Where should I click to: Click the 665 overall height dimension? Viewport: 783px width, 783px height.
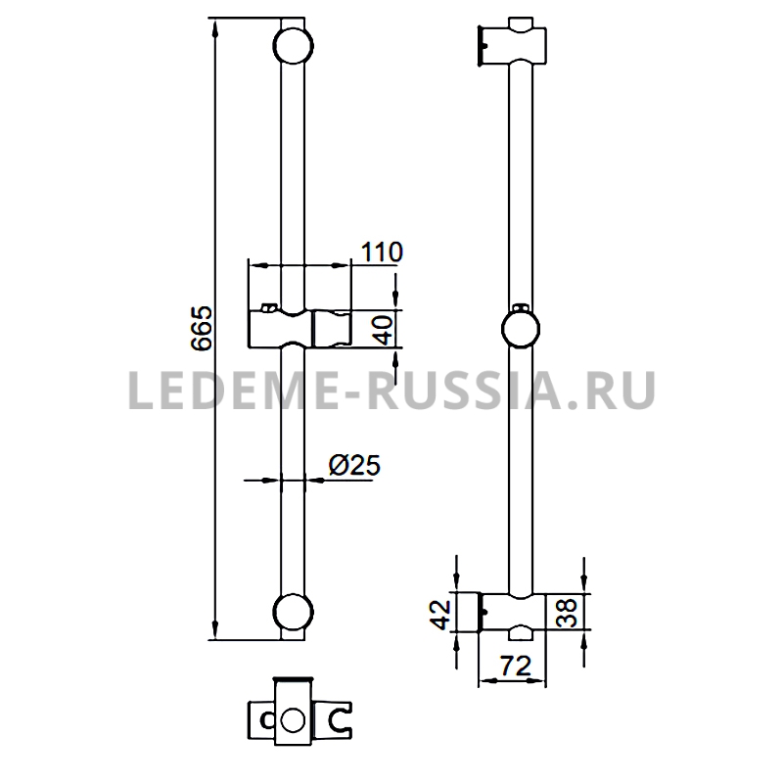(202, 328)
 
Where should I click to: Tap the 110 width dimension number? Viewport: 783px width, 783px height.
(382, 252)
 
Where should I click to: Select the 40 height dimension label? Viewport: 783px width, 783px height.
(385, 330)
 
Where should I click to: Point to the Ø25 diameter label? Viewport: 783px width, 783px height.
(354, 465)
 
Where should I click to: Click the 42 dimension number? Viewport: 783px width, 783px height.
(439, 615)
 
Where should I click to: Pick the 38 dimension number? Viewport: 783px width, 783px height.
(567, 613)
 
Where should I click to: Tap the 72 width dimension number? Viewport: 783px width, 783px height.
(516, 666)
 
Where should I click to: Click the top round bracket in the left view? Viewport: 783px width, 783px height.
(293, 46)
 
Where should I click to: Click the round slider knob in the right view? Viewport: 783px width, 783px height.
(521, 329)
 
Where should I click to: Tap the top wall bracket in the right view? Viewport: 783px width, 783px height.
(512, 42)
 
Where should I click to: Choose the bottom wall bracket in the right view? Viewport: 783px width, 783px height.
(512, 616)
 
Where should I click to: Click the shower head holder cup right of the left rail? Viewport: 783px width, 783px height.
(332, 328)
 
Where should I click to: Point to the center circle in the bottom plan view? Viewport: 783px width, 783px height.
(293, 720)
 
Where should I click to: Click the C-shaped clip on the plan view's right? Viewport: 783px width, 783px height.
(340, 720)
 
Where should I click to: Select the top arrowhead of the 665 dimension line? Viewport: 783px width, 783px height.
(215, 27)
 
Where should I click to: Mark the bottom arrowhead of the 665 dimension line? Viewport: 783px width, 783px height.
(215, 630)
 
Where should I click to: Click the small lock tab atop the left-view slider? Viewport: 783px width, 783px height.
(269, 306)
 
